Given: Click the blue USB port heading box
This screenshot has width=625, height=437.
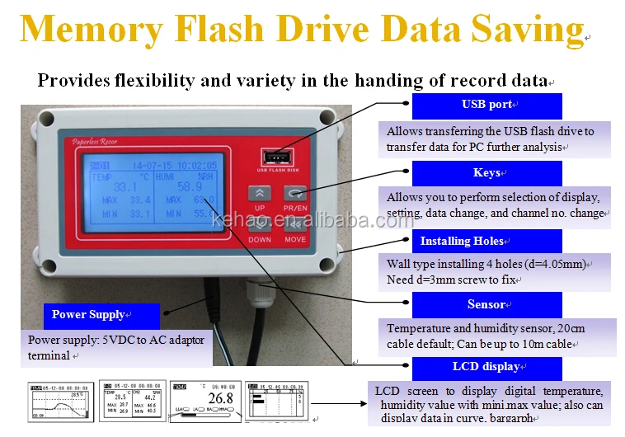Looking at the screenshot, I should (486, 106).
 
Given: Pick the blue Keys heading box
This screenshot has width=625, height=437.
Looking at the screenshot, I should (486, 173).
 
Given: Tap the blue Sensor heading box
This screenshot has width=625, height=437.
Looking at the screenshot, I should (486, 305).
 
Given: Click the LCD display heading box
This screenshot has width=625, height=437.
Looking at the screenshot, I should (486, 367).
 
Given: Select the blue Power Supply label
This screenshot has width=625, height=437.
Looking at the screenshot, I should (88, 315).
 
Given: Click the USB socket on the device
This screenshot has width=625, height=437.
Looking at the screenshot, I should (271, 157).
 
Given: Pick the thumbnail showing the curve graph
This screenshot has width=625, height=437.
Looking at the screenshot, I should (60, 402).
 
